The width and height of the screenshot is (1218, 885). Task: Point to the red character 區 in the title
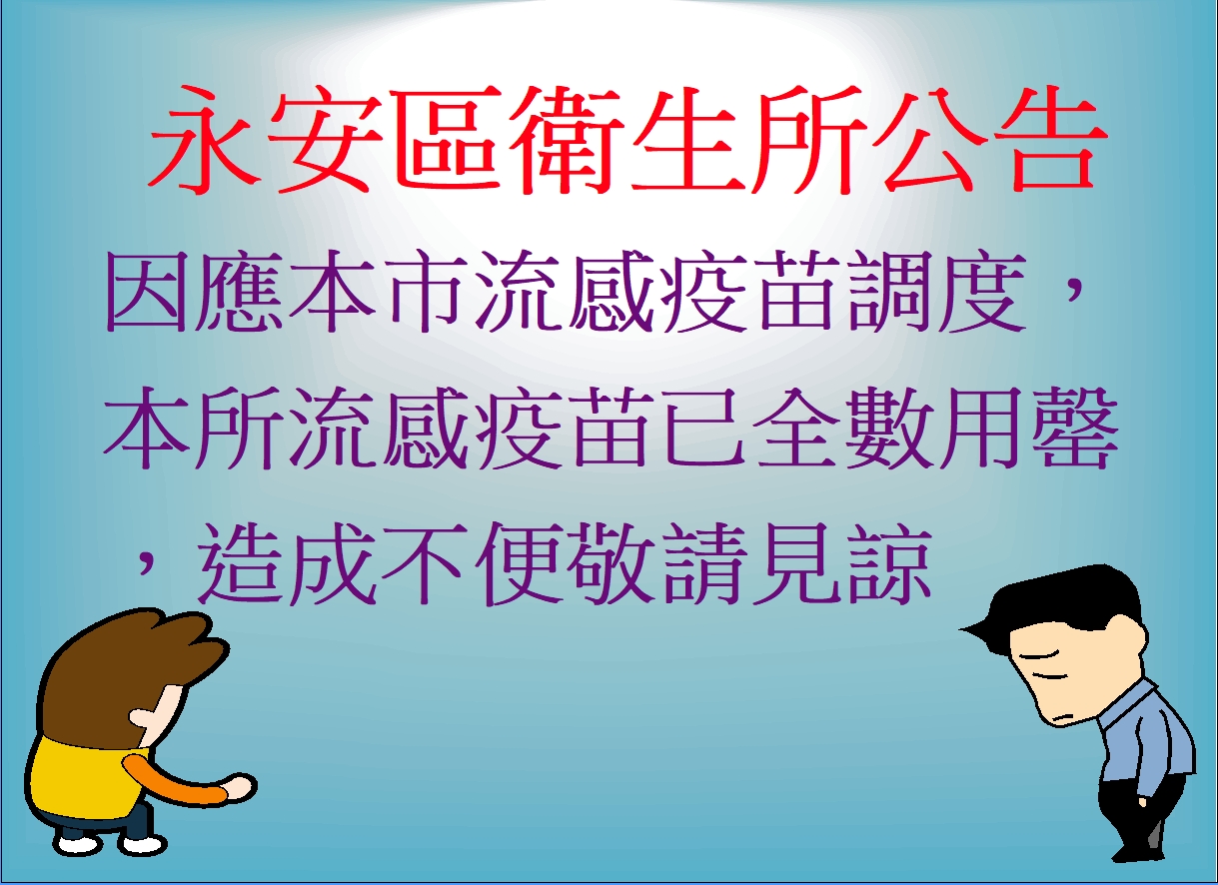(445, 140)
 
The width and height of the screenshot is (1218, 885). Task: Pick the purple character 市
(426, 292)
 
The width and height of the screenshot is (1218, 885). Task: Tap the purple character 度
(981, 292)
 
